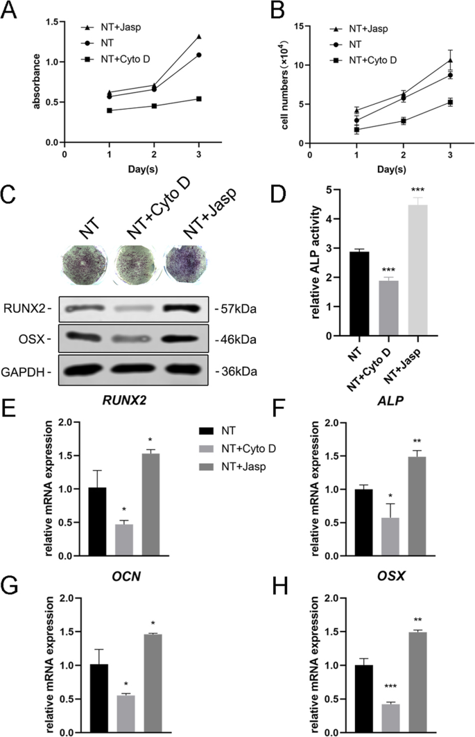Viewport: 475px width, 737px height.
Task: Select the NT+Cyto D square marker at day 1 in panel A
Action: coord(110,110)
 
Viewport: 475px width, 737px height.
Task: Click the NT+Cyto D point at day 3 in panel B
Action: coord(450,103)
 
